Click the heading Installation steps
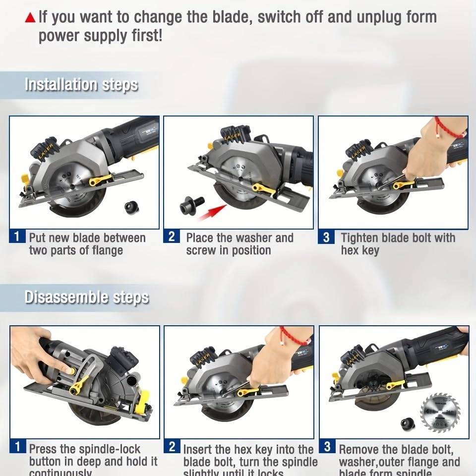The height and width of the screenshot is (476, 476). point(81,84)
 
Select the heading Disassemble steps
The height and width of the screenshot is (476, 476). point(87,297)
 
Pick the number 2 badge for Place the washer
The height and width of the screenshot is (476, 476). point(171,237)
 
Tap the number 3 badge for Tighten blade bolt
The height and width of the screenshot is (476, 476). point(326,238)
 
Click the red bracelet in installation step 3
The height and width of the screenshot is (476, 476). point(449,128)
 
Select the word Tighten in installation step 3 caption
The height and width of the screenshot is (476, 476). point(364,238)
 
